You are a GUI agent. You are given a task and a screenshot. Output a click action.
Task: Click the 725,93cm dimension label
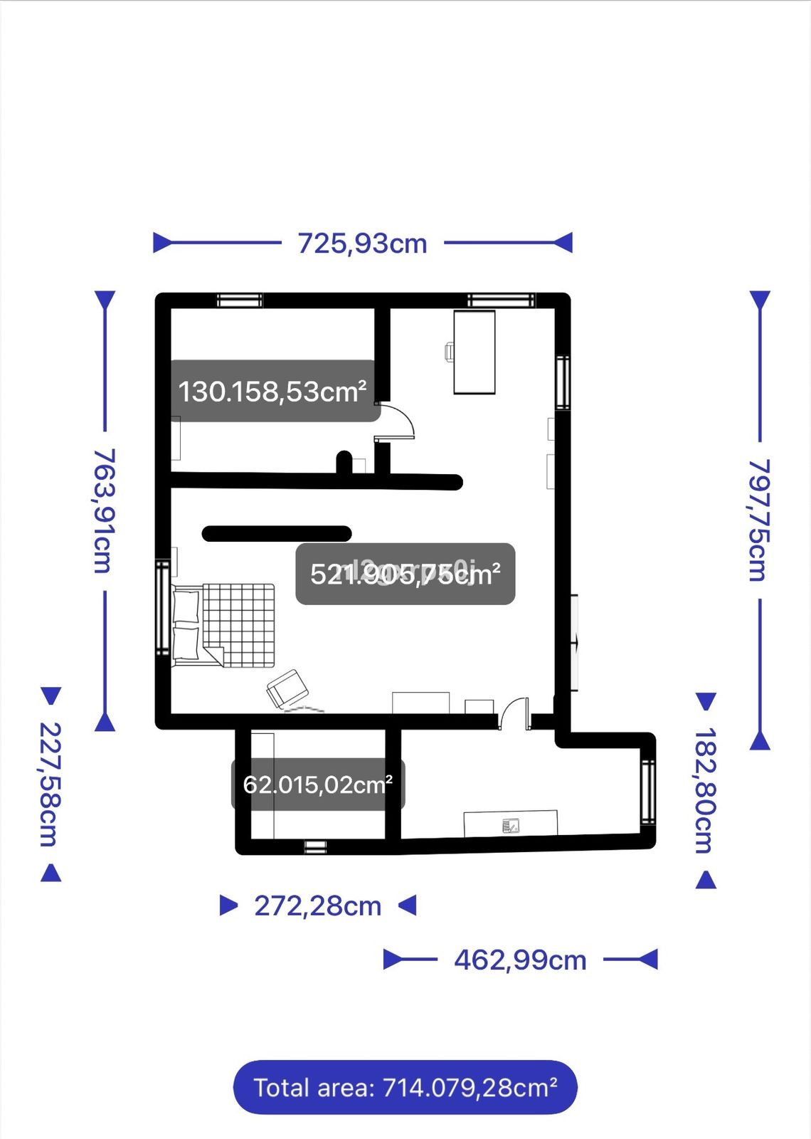click(362, 243)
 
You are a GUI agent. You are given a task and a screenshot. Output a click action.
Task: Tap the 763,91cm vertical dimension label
click(105, 510)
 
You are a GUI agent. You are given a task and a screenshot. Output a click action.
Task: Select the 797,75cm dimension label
click(759, 520)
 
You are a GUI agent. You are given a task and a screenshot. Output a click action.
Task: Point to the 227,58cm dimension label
click(49, 784)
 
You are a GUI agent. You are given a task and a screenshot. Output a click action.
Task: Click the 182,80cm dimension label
click(704, 790)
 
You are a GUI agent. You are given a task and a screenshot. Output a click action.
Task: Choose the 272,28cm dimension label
click(318, 906)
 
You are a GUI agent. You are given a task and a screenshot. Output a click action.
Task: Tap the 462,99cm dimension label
click(520, 960)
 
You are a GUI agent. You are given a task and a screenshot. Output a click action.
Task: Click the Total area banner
click(405, 1087)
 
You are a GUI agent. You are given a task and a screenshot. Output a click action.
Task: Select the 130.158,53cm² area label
click(273, 392)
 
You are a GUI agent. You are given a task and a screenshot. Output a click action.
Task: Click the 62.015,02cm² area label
click(318, 784)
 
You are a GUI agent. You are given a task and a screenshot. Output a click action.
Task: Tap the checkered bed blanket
click(239, 625)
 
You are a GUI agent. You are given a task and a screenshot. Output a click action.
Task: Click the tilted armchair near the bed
click(287, 688)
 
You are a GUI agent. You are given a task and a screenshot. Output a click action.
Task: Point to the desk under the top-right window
click(475, 352)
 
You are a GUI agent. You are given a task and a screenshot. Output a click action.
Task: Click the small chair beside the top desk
click(450, 352)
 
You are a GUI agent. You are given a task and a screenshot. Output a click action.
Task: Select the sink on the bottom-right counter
click(511, 826)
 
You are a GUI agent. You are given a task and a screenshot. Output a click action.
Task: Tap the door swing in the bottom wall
click(514, 712)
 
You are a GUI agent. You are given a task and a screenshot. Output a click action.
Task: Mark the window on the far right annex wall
click(647, 792)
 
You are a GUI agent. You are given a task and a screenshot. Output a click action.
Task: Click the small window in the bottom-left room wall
click(315, 846)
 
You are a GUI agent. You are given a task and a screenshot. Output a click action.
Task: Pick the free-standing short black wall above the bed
click(277, 533)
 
